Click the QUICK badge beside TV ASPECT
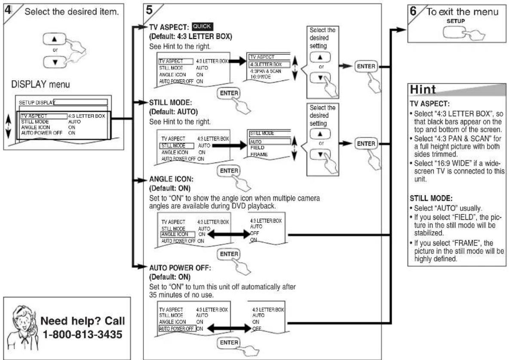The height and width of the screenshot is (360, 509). tap(202, 26)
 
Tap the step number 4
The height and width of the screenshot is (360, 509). tap(7, 10)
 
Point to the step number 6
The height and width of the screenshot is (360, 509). tap(413, 11)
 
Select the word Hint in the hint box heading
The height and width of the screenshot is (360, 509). tap(423, 89)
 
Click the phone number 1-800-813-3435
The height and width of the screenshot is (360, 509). tap(83, 334)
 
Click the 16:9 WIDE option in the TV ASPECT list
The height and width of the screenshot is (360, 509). tap(260, 77)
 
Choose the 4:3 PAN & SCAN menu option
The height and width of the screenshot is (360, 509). tap(266, 71)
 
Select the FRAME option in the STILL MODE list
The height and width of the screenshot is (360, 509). tap(259, 154)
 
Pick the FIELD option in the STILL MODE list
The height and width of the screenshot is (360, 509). tap(257, 148)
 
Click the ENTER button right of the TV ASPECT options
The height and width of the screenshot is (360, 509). tap(366, 66)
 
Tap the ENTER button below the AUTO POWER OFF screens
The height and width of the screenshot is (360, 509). tap(229, 342)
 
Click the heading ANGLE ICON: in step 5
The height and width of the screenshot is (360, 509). tap(171, 179)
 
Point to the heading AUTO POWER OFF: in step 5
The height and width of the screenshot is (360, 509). tap(180, 268)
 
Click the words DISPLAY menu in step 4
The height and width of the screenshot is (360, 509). tap(40, 84)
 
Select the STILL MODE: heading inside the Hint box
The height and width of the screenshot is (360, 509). tap(431, 198)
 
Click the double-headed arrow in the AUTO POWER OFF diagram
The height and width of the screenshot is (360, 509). tap(229, 328)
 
